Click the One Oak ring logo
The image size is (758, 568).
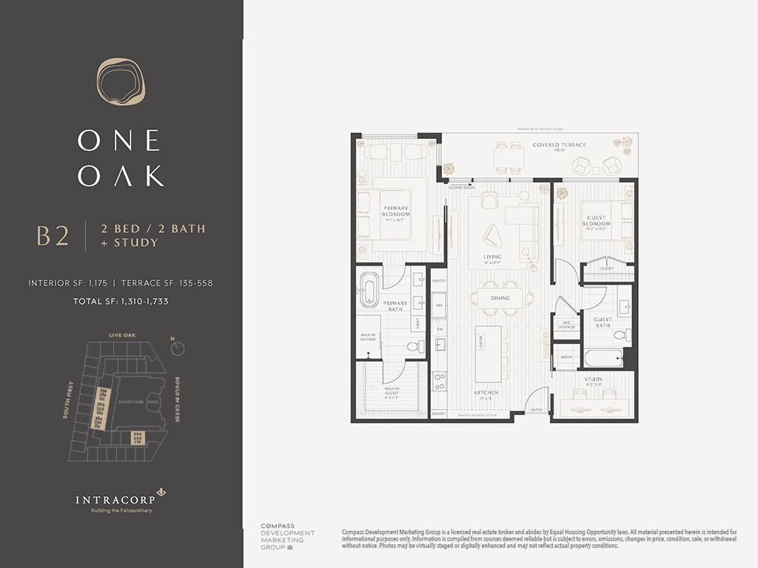coord(121,81)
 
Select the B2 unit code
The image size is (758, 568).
coord(53,236)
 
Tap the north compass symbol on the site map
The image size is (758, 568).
coord(177,348)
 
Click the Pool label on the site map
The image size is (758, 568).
coord(153,402)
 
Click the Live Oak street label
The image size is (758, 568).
coord(122,336)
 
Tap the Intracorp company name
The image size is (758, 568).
coord(115,500)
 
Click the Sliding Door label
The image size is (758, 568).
coord(460,188)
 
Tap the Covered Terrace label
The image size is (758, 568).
coord(559,145)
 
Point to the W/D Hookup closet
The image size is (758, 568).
coord(567,325)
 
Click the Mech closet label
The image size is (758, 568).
coord(566,357)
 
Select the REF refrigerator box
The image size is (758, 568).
coord(438,305)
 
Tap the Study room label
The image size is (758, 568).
coord(594,380)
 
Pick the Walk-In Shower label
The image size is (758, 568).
coord(368,337)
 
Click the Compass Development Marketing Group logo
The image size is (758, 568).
coord(287,537)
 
